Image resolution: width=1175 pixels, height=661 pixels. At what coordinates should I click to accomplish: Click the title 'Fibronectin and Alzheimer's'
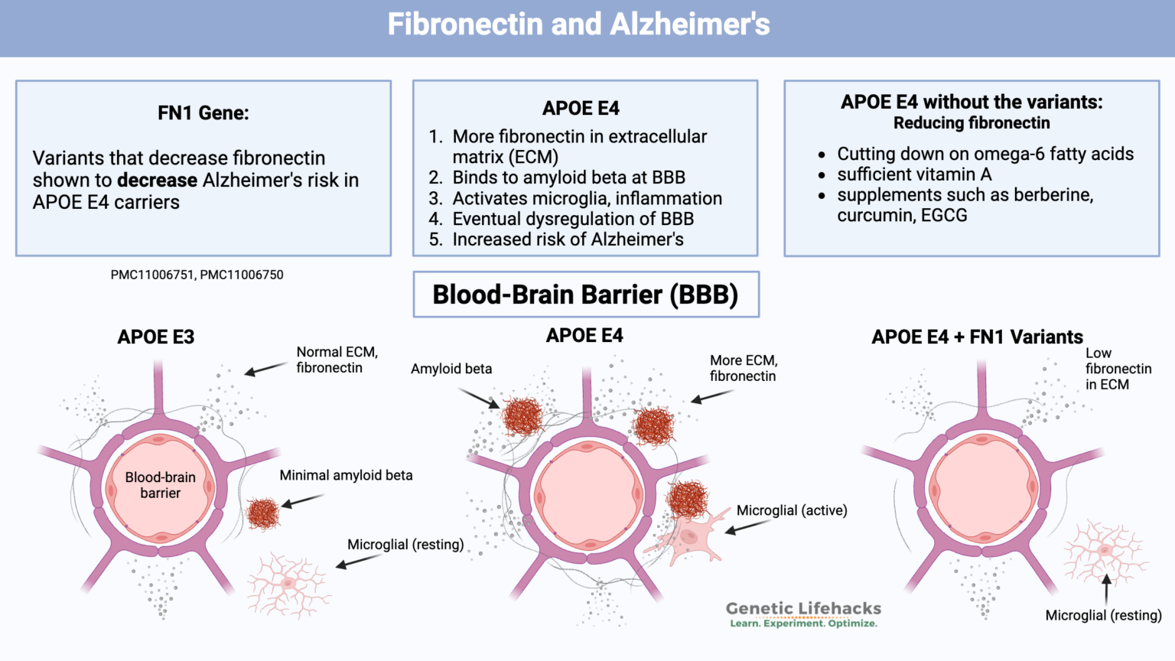(x=578, y=24)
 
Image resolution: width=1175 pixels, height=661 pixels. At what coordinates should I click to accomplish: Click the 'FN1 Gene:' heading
(x=203, y=113)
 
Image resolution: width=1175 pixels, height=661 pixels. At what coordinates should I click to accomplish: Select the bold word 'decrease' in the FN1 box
(x=157, y=181)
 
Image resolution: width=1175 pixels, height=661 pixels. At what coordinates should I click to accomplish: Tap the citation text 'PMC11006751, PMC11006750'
(x=197, y=275)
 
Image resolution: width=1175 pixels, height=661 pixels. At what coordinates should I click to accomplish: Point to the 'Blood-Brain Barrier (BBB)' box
(x=586, y=295)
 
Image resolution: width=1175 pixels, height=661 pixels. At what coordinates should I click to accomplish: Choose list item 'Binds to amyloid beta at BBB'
(x=568, y=177)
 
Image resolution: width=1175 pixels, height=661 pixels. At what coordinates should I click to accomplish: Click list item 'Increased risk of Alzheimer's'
(x=568, y=239)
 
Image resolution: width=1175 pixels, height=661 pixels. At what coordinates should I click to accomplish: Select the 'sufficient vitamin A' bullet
(x=914, y=174)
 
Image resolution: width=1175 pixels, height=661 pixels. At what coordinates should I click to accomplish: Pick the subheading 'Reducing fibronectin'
(x=972, y=123)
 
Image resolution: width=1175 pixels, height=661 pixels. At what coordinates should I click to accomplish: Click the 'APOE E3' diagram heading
(x=156, y=337)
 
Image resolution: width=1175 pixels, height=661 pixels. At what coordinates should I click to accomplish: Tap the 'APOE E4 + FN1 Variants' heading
(x=977, y=337)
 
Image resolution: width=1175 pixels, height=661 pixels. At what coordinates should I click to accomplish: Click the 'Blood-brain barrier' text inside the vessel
(x=161, y=485)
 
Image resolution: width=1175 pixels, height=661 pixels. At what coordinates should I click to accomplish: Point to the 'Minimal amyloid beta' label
(x=346, y=475)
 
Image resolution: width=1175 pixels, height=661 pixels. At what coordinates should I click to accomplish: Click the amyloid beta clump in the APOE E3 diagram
(x=263, y=513)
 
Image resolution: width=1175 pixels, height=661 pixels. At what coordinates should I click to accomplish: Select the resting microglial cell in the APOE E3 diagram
(x=288, y=584)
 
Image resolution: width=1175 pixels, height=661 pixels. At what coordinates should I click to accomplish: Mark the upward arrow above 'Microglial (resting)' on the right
(x=1106, y=590)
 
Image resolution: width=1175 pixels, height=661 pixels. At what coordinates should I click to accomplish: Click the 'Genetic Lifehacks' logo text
(x=803, y=609)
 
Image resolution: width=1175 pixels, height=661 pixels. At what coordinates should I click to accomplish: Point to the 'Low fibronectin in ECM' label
(x=1118, y=369)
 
